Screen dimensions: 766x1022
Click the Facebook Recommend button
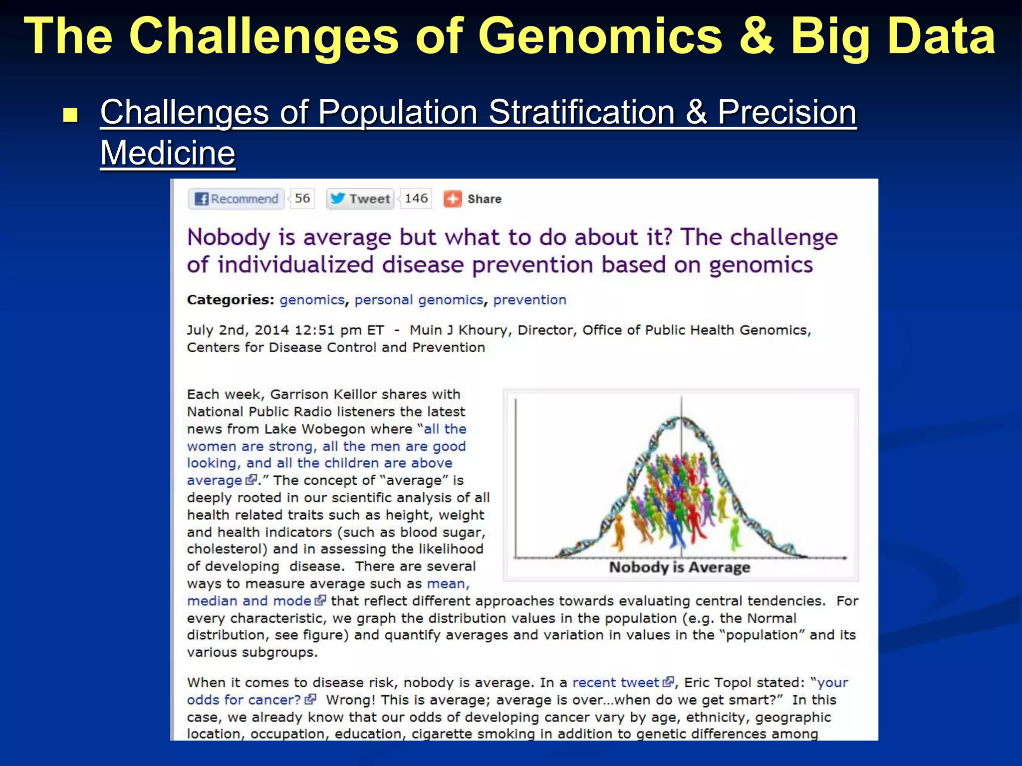click(237, 199)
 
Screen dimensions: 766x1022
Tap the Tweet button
click(360, 199)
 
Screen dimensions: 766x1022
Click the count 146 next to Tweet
click(416, 198)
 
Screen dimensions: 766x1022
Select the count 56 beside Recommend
click(302, 198)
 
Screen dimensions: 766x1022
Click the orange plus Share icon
click(453, 199)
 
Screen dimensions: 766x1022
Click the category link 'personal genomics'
click(419, 300)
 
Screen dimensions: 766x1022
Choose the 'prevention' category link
click(529, 300)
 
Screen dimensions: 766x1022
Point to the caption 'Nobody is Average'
click(679, 568)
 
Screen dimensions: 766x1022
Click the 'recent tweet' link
click(616, 683)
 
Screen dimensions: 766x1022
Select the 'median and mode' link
click(249, 601)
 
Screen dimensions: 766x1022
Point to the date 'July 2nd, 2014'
click(238, 330)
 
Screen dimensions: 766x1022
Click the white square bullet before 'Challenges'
click(71, 115)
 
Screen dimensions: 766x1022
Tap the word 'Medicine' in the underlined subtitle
click(168, 153)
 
